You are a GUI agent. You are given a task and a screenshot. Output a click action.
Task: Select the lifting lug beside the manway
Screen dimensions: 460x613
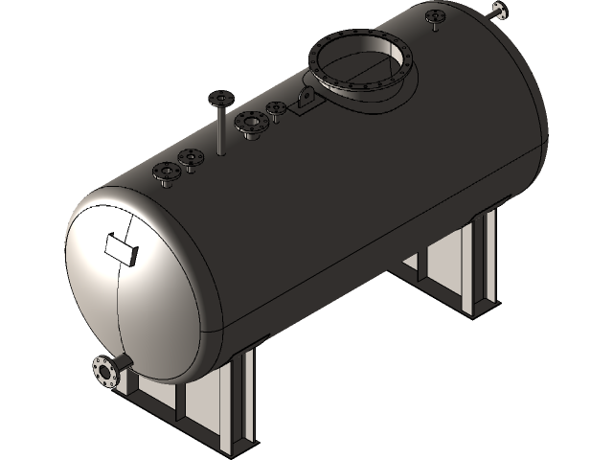pyautogui.click(x=306, y=101)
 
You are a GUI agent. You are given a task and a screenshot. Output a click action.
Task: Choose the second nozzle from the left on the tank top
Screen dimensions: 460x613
pyautogui.click(x=191, y=158)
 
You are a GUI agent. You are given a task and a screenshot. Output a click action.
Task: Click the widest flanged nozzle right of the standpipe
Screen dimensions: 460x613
pyautogui.click(x=251, y=124)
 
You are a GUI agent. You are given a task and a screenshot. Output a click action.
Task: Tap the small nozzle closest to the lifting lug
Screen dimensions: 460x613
pyautogui.click(x=277, y=108)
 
